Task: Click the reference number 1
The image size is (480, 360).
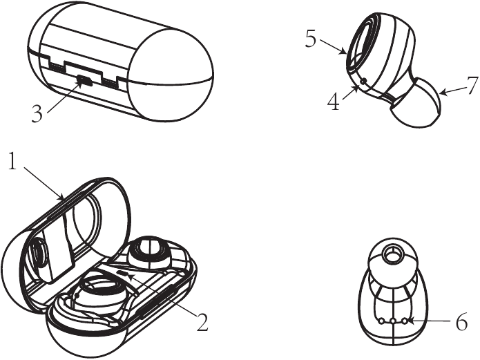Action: (12, 161)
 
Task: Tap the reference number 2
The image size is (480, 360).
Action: (202, 322)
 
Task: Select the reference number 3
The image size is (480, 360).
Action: (37, 114)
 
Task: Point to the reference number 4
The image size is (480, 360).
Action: (334, 102)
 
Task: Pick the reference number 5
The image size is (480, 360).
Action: (311, 39)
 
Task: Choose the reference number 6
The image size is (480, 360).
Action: (462, 322)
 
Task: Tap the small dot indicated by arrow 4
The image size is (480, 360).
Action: (364, 82)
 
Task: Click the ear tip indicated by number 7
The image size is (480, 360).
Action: (416, 103)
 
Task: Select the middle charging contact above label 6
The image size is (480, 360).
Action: (393, 321)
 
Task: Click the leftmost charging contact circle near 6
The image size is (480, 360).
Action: (381, 321)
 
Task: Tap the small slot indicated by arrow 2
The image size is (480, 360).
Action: (124, 272)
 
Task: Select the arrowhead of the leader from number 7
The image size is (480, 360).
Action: (444, 92)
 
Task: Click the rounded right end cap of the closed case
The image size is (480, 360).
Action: (170, 75)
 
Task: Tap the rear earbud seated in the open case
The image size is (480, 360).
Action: (150, 253)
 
